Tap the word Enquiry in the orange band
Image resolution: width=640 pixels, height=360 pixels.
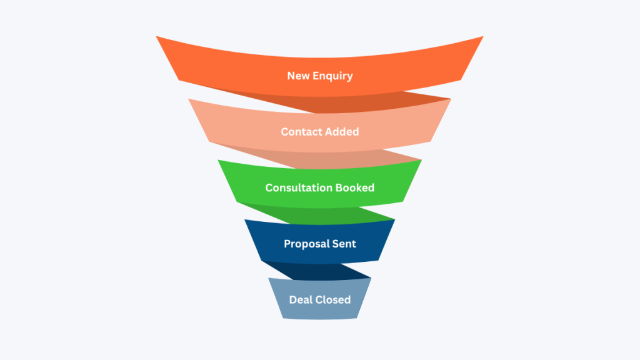pyautogui.click(x=334, y=76)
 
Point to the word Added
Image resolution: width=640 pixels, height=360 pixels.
pyautogui.click(x=342, y=132)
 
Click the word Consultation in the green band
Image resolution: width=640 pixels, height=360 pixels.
pyautogui.click(x=297, y=187)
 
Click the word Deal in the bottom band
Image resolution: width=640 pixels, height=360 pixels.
pyautogui.click(x=301, y=299)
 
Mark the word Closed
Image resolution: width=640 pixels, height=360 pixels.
pyautogui.click(x=332, y=299)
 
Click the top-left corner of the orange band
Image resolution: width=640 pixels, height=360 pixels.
pyautogui.click(x=156, y=36)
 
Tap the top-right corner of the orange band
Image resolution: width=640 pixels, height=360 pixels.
pyautogui.click(x=483, y=36)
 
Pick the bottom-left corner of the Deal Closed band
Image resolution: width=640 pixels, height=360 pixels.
pyautogui.click(x=282, y=318)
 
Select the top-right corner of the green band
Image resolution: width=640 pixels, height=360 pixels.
pyautogui.click(x=421, y=160)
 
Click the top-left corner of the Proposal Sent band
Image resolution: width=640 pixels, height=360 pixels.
pyautogui.click(x=244, y=219)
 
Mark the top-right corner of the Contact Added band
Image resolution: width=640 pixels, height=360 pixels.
pyautogui.click(x=451, y=99)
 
